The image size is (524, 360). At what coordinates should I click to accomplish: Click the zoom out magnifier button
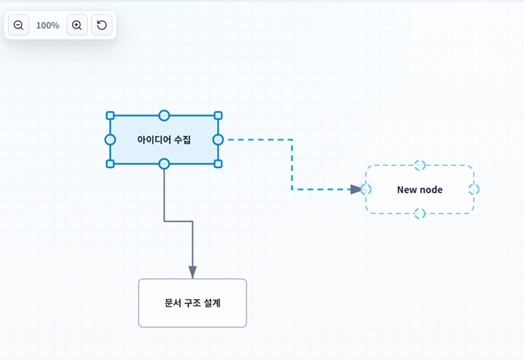click(x=19, y=25)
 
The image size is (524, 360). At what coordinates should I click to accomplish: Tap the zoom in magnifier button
click(x=77, y=25)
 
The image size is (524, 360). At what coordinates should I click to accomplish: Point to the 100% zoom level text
click(x=48, y=26)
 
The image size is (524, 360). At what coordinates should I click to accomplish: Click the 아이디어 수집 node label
click(x=164, y=139)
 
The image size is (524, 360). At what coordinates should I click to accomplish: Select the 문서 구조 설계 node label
click(x=192, y=303)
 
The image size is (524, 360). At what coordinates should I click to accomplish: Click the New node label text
click(x=420, y=190)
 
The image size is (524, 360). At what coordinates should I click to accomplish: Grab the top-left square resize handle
click(x=110, y=115)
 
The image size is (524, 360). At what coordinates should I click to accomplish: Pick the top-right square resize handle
click(x=218, y=115)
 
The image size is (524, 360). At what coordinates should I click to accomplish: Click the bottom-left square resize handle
click(x=110, y=164)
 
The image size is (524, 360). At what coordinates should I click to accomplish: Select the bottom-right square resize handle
click(x=218, y=164)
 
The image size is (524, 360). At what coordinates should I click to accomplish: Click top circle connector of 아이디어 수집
click(x=164, y=115)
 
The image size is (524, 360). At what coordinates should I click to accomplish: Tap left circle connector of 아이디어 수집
click(x=110, y=139)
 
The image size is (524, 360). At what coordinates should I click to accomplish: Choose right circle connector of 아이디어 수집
click(x=218, y=139)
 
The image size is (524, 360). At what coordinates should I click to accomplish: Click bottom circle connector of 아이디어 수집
click(x=164, y=164)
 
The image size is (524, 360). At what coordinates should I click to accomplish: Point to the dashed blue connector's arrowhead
click(x=356, y=189)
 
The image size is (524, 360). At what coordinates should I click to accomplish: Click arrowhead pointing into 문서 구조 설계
click(x=192, y=272)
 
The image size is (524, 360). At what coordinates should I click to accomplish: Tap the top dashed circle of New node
click(x=420, y=165)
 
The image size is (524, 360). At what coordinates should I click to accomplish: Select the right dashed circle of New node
click(x=474, y=189)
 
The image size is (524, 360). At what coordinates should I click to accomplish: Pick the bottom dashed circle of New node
click(x=420, y=213)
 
